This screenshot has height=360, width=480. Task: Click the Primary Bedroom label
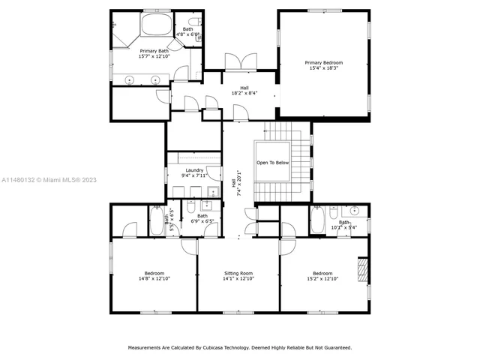[324, 62]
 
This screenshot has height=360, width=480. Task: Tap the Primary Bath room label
[154, 50]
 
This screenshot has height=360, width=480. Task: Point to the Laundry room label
[195, 171]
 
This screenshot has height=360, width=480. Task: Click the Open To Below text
[272, 162]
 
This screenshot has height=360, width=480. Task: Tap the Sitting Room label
[238, 273]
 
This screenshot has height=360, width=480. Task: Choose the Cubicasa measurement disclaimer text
[239, 347]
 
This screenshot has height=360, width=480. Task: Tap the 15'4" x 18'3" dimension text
[324, 68]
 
